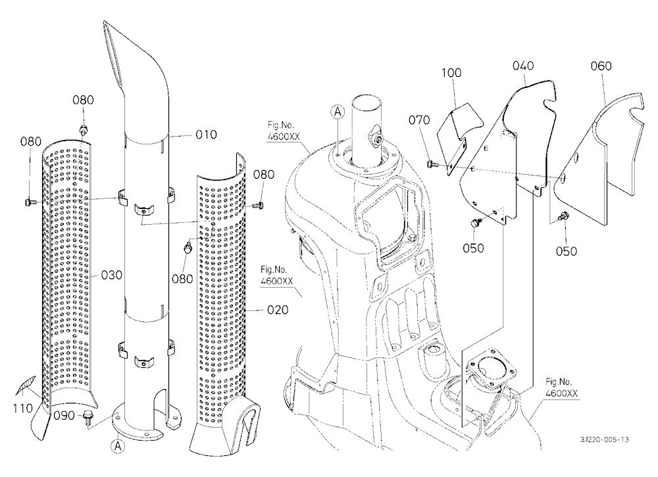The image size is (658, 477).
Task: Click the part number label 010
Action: [206, 135]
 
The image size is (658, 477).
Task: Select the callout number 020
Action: [278, 310]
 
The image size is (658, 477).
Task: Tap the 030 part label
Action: [112, 275]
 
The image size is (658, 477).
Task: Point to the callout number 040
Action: [523, 66]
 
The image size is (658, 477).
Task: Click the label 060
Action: [601, 66]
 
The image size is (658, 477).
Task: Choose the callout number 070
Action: [419, 120]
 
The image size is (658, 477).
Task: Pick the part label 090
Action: [64, 416]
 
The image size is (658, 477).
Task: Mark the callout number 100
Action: [451, 73]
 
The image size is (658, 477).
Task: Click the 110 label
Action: [22, 408]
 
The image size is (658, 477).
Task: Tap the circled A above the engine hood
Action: [338, 112]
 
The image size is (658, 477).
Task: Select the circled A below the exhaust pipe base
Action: [118, 446]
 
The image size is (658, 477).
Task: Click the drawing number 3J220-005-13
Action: [605, 440]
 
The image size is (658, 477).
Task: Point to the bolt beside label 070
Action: [430, 164]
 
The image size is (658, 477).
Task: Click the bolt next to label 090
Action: [88, 418]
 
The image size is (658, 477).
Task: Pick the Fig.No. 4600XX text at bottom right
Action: [561, 388]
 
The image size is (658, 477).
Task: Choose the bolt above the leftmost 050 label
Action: [474, 223]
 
